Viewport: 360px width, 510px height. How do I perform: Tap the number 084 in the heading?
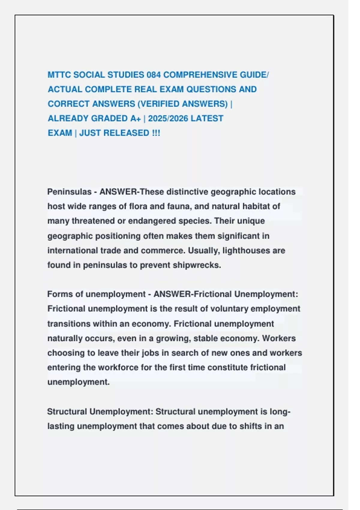pos(154,75)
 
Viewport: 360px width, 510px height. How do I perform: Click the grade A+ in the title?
pos(135,118)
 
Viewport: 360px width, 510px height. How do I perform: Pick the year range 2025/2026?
pos(168,118)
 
